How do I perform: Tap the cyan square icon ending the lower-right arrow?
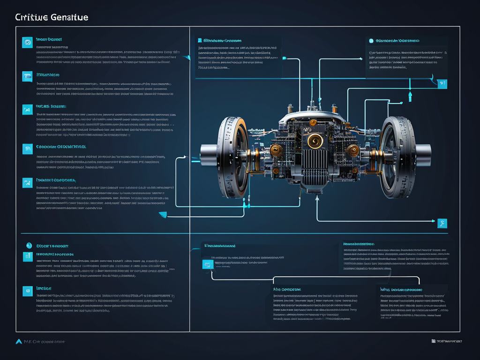pos(442,223)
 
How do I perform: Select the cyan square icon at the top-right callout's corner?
pos(442,83)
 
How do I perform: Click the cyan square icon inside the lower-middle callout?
pos(207,264)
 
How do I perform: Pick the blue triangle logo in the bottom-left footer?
pos(19,341)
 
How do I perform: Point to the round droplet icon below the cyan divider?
pos(28,245)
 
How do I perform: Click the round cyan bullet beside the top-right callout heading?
pos(371,41)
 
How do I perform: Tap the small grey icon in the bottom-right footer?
pos(433,341)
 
